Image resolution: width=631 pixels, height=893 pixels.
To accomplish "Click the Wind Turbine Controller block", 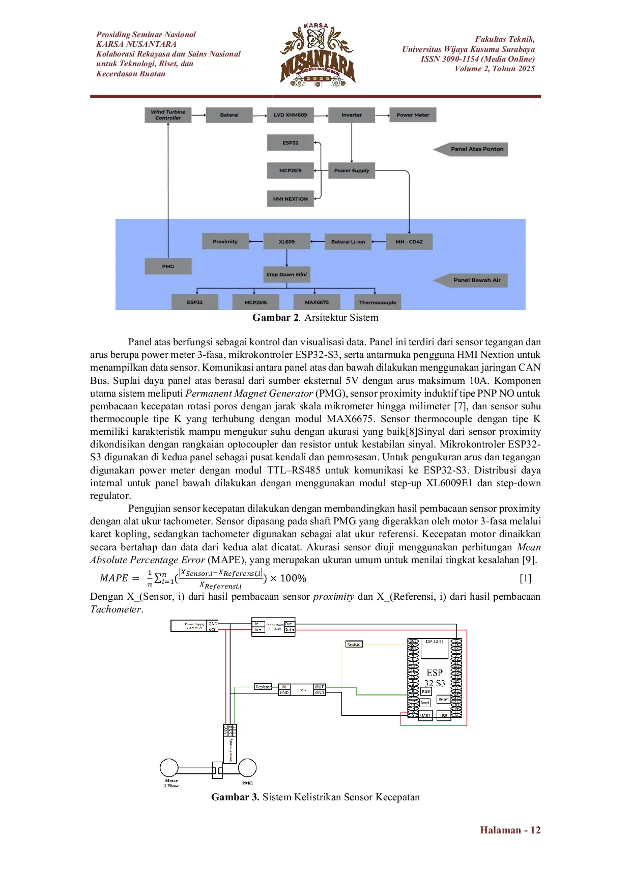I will click(168, 115).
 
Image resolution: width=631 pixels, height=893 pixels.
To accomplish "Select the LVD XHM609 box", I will click(290, 115).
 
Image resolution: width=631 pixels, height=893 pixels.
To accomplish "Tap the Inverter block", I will click(352, 115).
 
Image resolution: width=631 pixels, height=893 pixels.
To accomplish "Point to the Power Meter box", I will click(413, 115).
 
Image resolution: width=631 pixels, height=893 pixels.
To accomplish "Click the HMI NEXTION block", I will click(290, 199).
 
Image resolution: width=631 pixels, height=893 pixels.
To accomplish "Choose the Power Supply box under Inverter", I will click(352, 171).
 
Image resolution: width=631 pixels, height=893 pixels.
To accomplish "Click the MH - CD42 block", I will click(409, 242).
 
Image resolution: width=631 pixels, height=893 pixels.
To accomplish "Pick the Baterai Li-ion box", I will click(348, 242).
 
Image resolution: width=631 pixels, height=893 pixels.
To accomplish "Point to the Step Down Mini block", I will click(286, 274).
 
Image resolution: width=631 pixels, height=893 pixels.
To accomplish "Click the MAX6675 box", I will click(317, 302).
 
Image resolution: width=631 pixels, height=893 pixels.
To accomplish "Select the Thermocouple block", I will click(377, 302).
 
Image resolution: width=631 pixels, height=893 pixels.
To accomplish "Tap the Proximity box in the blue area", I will click(225, 242).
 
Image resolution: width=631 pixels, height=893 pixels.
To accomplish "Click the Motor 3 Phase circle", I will click(169, 768).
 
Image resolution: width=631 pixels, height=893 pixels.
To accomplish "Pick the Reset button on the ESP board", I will click(444, 700).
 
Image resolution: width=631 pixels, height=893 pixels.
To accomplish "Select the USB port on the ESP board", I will click(444, 715).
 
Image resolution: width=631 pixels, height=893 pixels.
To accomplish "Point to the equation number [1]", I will click(525, 578).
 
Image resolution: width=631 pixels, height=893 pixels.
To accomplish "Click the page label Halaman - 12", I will click(510, 830).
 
